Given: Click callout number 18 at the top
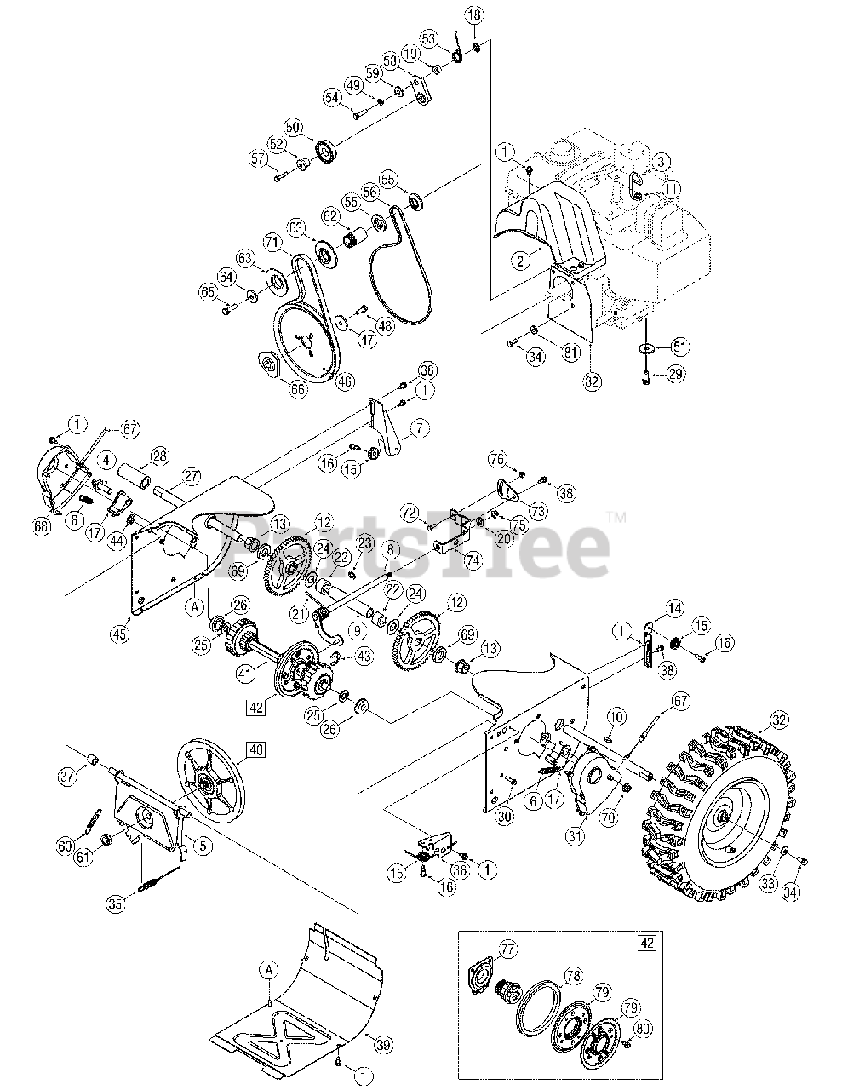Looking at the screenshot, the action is coord(474,14).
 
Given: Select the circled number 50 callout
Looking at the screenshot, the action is coord(293,128).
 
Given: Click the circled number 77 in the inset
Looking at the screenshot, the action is coord(507,948).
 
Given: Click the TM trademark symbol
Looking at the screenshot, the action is coord(616,516).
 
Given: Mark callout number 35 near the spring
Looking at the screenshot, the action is coord(117,904).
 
